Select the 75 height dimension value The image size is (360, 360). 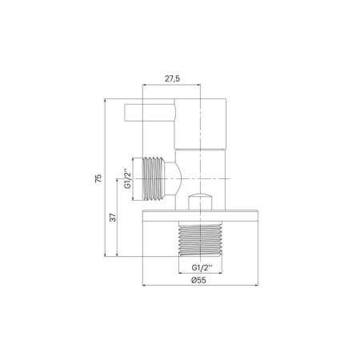(x=98, y=178)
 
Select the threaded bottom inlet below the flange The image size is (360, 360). (x=200, y=239)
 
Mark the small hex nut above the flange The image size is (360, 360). (x=199, y=203)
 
